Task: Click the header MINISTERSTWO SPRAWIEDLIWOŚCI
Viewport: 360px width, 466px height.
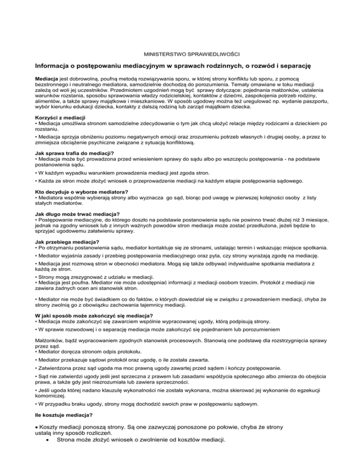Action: tap(180, 54)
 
